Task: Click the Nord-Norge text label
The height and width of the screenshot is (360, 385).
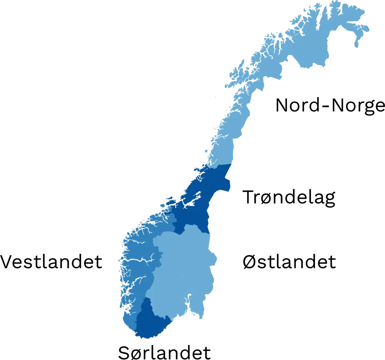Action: (330, 105)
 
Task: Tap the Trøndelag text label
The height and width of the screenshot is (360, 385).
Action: (289, 197)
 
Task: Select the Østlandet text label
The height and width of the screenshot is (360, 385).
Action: (289, 262)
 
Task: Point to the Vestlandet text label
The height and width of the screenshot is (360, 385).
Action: (51, 262)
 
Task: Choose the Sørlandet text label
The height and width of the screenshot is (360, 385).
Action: (164, 352)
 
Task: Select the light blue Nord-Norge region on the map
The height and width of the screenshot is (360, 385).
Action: (308, 48)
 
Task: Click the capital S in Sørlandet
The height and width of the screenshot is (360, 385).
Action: (124, 352)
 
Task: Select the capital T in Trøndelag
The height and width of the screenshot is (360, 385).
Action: (249, 197)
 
